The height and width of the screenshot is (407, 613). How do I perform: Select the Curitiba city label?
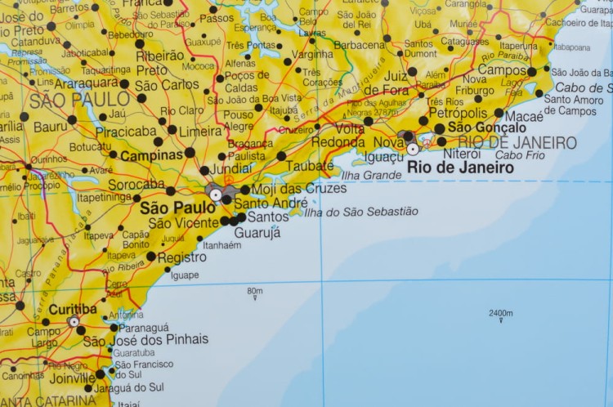(73, 310)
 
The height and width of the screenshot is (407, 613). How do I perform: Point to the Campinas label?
(151, 154)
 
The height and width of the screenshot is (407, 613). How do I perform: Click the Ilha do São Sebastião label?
(360, 212)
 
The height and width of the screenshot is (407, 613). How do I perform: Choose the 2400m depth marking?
(501, 313)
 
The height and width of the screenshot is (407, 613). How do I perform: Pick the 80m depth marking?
(255, 291)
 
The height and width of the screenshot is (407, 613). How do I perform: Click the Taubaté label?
(310, 165)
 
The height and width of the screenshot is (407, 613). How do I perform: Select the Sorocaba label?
(136, 185)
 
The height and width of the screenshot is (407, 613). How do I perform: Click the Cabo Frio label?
(520, 154)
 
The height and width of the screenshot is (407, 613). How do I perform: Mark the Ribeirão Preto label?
(159, 62)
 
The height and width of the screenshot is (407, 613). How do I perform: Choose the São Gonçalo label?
(487, 127)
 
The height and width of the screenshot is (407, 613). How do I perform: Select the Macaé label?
(524, 117)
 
